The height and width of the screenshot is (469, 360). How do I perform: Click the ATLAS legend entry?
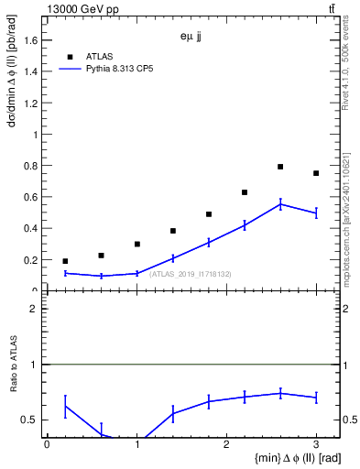pyautogui.click(x=99, y=56)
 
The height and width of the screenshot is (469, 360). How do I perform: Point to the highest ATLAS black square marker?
pyautogui.click(x=280, y=167)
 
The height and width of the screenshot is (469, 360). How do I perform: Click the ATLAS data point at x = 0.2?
pyautogui.click(x=65, y=261)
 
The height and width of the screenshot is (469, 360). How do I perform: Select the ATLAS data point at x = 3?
pyautogui.click(x=316, y=173)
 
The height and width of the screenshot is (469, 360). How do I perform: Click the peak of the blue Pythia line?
pyautogui.click(x=280, y=203)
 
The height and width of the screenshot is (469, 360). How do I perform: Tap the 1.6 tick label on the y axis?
pyautogui.click(x=30, y=40)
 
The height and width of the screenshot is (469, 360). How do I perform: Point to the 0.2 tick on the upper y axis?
pyautogui.click(x=30, y=260)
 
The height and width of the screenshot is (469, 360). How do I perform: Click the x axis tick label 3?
pyautogui.click(x=316, y=444)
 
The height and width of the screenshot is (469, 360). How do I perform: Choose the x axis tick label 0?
pyautogui.click(x=47, y=444)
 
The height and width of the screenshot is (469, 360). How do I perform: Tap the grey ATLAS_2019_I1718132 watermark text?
pyautogui.click(x=191, y=273)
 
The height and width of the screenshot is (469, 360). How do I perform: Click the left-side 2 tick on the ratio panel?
pyautogui.click(x=33, y=310)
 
